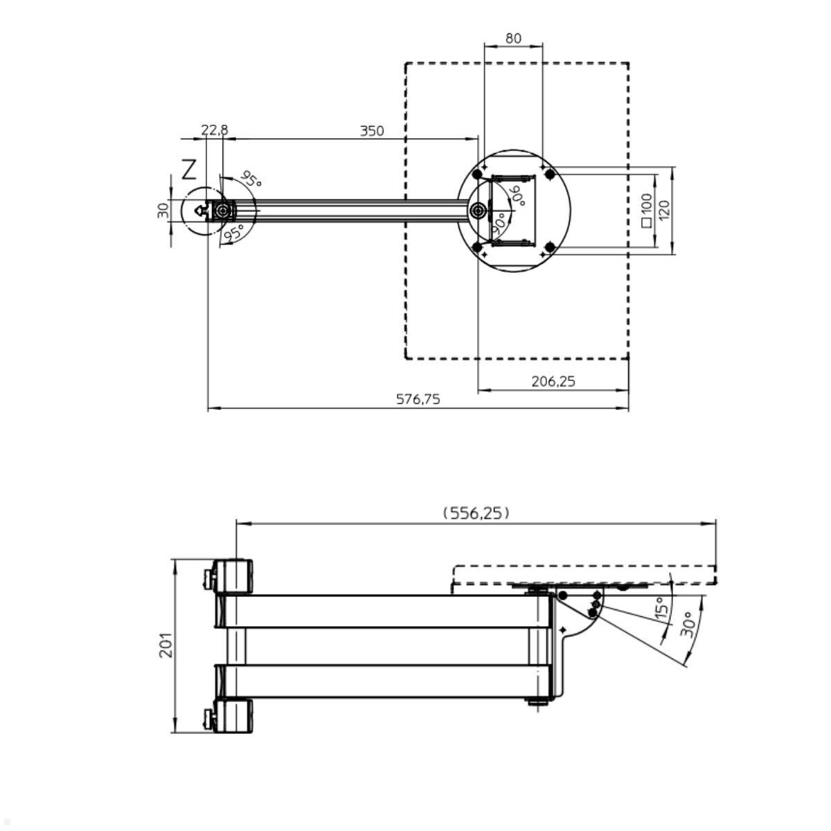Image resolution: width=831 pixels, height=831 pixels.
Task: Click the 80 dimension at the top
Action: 513,38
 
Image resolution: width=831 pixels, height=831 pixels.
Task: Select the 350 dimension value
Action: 372,131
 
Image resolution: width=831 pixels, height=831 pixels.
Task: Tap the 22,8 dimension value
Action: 214,130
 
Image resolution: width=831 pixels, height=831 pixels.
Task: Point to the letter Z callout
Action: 189,170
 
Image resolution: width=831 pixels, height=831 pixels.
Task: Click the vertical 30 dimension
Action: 163,211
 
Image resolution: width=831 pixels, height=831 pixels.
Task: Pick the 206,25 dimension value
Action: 553,381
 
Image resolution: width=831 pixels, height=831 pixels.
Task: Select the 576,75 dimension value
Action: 418,399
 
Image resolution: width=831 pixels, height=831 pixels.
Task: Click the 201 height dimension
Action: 167,645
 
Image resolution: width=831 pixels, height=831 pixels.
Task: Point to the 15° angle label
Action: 662,609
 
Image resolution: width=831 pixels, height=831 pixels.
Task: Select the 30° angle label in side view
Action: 688,624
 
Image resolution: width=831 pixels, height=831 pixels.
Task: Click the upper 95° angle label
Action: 251,179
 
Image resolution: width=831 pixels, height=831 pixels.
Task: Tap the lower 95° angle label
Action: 233,233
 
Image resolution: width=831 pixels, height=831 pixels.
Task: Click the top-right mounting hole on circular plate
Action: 549,174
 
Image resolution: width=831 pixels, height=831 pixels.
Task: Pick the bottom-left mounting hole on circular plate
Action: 477,247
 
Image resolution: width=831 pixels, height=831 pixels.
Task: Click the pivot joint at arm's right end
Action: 478,211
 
